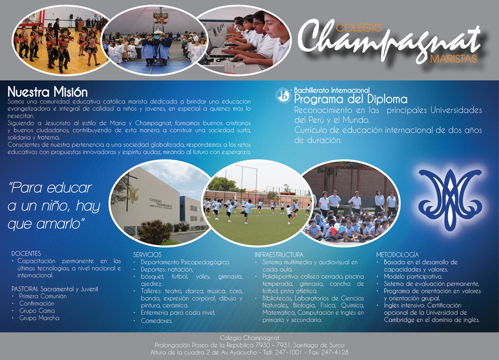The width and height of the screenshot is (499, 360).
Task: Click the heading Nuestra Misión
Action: coord(47,92)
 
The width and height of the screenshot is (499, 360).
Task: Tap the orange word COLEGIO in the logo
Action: coord(359,27)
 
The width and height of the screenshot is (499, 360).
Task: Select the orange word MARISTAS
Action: coord(454,59)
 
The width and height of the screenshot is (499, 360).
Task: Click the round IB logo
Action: coord(283,95)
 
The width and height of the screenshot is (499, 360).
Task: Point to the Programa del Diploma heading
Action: coord(351,99)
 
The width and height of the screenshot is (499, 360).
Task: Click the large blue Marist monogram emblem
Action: coord(450,200)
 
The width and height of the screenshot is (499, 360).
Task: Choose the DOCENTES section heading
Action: coord(26,253)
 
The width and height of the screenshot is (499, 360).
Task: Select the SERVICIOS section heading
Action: coord(147,255)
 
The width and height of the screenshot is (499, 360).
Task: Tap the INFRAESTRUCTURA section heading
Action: coord(279,255)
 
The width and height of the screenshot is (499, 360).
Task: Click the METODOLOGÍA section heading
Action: coord(397,255)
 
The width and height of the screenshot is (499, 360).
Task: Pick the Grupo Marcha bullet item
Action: coord(39,318)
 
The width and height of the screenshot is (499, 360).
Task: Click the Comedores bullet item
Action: coord(157,321)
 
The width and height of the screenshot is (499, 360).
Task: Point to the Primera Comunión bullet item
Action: coord(43,296)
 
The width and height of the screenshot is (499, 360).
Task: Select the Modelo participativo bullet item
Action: coord(413,277)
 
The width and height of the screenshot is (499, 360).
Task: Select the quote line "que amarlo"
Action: coord(45,224)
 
